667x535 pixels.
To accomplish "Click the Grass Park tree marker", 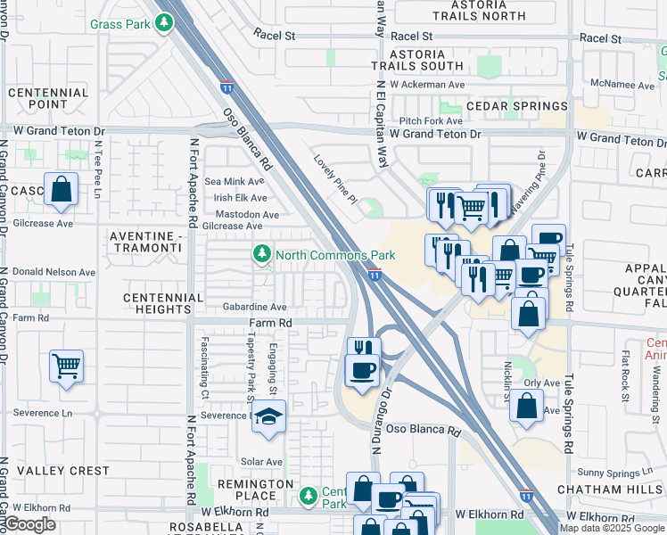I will point(163,24).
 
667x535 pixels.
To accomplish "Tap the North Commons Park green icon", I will point(261,255).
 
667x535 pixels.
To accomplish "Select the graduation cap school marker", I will point(268,416).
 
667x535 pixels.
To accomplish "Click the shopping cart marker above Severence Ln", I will point(67,365).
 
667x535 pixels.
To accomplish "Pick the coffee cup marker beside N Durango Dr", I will point(362,370).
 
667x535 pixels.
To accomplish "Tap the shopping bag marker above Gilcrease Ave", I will point(61,190).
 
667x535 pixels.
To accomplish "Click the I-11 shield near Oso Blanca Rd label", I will point(227,87).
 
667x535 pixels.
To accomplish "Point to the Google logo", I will point(29,524).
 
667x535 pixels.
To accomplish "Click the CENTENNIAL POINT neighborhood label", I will point(49,99).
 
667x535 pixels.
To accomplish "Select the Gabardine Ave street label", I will point(254,307).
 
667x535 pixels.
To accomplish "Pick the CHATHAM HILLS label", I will point(612,490).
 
